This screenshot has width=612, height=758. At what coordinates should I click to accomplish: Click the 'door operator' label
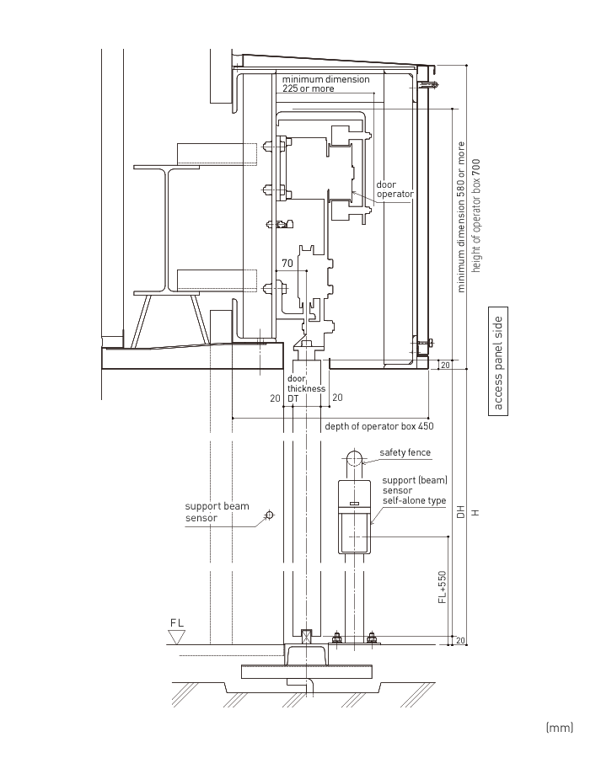(395, 189)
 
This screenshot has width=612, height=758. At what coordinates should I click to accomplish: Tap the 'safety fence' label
(405, 452)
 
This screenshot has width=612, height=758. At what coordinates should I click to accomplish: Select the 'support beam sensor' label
(217, 512)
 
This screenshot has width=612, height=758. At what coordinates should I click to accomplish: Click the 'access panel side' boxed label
(498, 361)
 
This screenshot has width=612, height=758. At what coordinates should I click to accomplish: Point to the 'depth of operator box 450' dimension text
(379, 426)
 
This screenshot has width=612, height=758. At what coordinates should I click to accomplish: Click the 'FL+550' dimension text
(442, 587)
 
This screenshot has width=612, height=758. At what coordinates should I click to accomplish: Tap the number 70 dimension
(287, 264)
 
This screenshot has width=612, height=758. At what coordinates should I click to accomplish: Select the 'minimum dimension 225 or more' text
(325, 83)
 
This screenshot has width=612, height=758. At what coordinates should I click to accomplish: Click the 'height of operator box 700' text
(476, 216)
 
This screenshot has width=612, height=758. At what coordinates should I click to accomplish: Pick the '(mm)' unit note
(559, 728)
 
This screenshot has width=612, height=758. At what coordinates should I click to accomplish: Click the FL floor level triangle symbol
(177, 637)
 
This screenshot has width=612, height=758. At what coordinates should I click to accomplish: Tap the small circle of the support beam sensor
(270, 515)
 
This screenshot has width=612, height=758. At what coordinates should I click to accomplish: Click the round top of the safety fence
(355, 456)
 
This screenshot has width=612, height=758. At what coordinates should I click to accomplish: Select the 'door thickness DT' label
(306, 388)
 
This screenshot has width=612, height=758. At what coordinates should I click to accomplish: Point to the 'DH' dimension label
(460, 512)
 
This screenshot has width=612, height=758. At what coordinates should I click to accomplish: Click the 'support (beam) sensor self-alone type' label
(415, 490)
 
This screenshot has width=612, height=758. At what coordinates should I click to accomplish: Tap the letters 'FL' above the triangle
(177, 623)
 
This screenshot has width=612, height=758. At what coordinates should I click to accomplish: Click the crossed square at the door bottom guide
(306, 637)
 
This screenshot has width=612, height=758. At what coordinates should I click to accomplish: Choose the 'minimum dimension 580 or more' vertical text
(460, 216)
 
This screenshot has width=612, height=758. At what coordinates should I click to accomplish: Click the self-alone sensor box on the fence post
(355, 516)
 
